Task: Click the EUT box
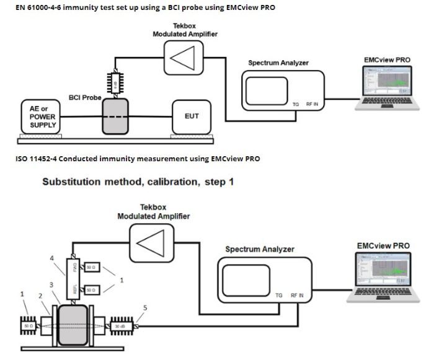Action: (x=192, y=116)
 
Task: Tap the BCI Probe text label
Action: (x=85, y=98)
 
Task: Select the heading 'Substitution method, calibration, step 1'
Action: (x=137, y=183)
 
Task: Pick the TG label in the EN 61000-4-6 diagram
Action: (x=296, y=103)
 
